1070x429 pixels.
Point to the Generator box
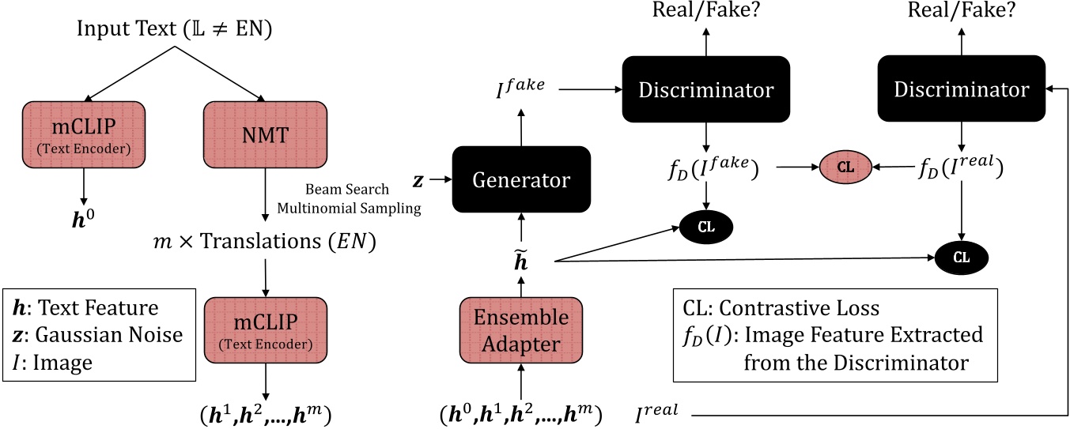click(x=521, y=179)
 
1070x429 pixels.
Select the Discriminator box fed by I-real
click(x=962, y=88)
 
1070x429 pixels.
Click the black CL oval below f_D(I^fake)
click(x=706, y=227)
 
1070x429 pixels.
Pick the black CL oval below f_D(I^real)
click(x=962, y=257)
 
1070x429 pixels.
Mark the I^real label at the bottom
click(x=661, y=412)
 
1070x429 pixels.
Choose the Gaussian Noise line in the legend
click(x=99, y=334)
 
